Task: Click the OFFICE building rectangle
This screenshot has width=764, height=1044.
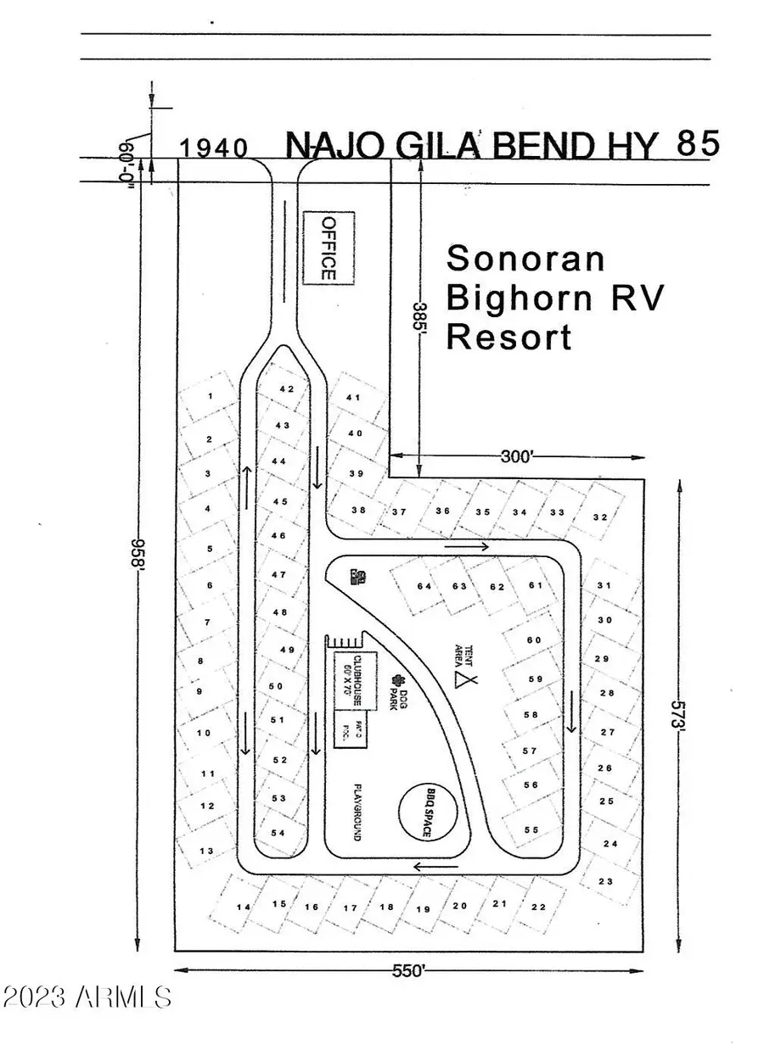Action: point(329,248)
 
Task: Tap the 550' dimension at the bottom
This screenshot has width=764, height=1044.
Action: point(407,972)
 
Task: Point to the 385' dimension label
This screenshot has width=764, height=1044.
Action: point(417,322)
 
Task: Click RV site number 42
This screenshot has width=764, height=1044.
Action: point(286,389)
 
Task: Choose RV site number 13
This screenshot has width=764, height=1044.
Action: point(205,851)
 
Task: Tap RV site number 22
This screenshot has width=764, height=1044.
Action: point(538,907)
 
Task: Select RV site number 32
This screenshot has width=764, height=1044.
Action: point(600,517)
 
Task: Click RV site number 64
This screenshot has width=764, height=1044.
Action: point(424,586)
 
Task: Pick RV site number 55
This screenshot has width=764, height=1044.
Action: point(531,829)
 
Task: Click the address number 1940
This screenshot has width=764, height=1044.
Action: point(214,148)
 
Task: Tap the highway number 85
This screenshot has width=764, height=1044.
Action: point(699,142)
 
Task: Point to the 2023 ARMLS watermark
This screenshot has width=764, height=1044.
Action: point(87,997)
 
